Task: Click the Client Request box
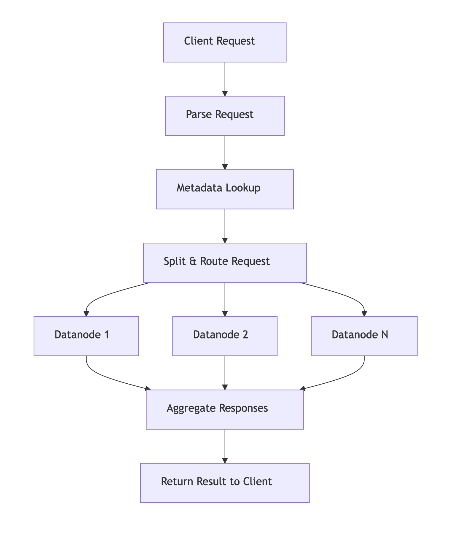(x=225, y=42)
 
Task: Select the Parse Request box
(x=225, y=116)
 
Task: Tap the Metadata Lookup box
(x=225, y=189)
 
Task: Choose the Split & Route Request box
(x=225, y=263)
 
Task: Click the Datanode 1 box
(x=86, y=336)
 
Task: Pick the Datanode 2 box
(x=225, y=336)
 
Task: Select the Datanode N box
(x=364, y=336)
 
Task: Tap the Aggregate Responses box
(x=225, y=409)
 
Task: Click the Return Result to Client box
(x=225, y=483)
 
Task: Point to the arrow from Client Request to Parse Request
(x=225, y=79)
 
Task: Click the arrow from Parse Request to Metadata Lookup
(x=225, y=152)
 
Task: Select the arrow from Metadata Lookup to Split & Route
(x=225, y=225)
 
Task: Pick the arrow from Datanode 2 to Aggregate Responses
(x=225, y=372)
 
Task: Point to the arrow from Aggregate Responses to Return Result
(x=225, y=446)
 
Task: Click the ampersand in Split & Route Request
(x=193, y=261)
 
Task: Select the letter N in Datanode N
(x=384, y=335)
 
